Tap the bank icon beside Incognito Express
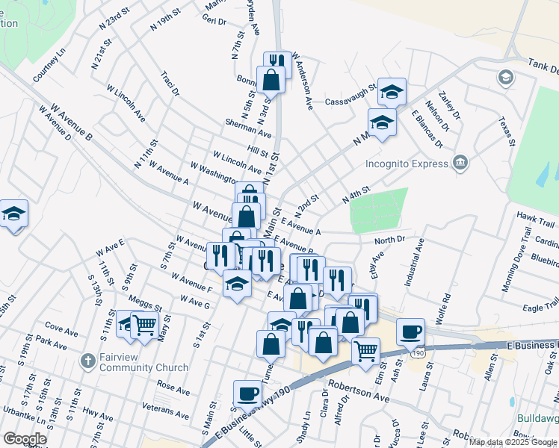[x=460, y=162]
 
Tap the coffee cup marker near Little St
[x=247, y=393]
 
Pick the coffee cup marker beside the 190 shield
[x=410, y=331]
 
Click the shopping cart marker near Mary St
[x=143, y=325]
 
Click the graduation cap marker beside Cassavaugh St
[x=392, y=91]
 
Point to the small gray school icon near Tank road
[x=505, y=77]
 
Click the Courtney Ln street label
[x=49, y=66]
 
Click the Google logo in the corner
[x=25, y=439]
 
